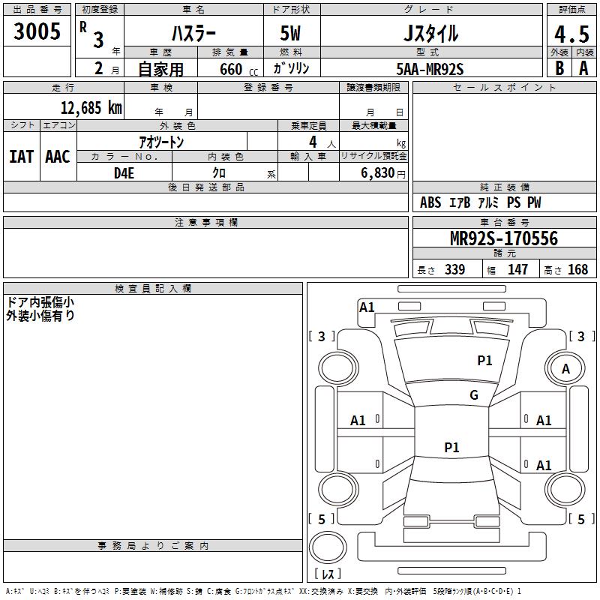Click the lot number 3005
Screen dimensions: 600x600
37,31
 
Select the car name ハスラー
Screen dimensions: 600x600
193,34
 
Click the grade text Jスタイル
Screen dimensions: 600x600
430,34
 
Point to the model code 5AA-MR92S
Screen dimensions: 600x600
430,69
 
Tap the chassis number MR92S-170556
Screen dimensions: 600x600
504,238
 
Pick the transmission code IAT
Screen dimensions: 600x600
21,157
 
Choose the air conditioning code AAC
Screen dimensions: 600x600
58,157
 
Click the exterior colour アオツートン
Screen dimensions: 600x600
161,142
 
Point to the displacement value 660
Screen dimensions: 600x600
230,70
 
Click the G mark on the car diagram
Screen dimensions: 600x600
474,395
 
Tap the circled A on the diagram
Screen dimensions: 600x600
565,369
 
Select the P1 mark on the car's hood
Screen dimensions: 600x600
485,361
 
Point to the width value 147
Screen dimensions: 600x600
517,270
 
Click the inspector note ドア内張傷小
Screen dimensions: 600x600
40,302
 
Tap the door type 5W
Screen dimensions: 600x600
291,34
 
